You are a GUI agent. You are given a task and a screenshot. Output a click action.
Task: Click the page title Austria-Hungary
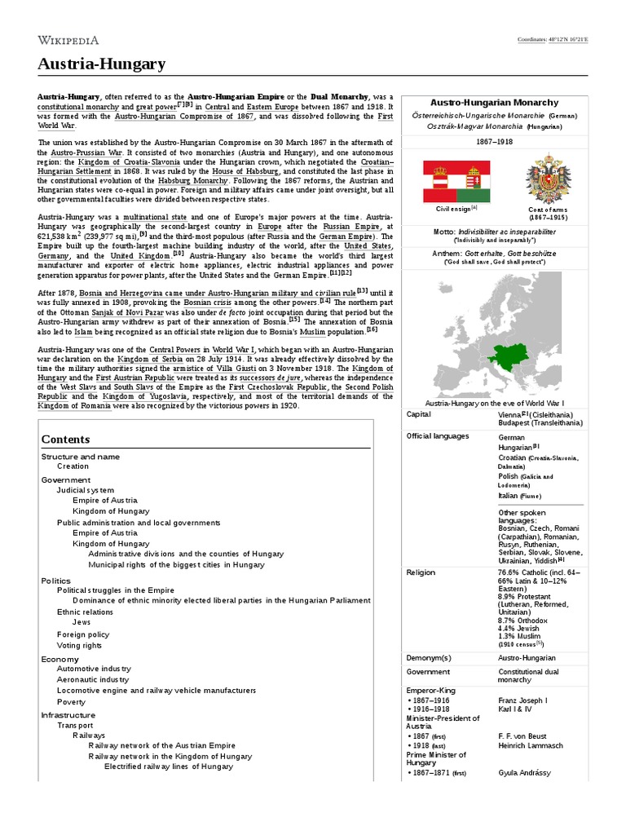(x=101, y=64)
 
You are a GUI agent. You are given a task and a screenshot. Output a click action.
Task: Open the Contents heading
(x=66, y=440)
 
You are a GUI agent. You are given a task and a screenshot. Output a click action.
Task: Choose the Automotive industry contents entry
(x=94, y=669)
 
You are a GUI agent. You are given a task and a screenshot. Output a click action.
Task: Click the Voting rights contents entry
(x=79, y=645)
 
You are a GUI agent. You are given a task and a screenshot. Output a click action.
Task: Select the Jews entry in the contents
(x=81, y=622)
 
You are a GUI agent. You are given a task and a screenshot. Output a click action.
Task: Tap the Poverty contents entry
(x=71, y=701)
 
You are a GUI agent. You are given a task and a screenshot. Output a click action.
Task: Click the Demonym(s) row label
(x=429, y=657)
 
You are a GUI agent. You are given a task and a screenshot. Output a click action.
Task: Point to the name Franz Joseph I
(x=522, y=700)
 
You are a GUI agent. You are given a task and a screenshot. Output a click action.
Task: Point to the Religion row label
(x=421, y=572)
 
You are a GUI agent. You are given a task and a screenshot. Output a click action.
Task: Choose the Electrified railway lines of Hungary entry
(x=169, y=767)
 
